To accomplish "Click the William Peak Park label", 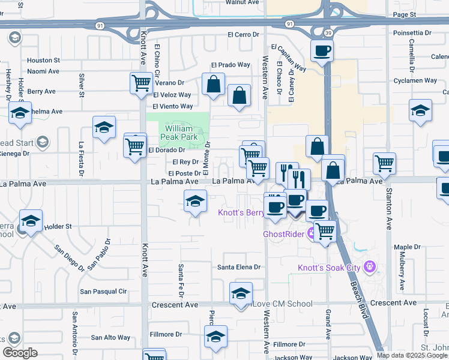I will [178, 133].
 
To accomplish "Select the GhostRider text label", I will [285, 233].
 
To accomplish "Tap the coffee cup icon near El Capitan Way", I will [322, 51].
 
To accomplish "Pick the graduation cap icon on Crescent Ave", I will [241, 294].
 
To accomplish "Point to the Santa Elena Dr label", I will [240, 267].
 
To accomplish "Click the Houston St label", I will [43, 60].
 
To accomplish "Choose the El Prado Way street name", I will [230, 65].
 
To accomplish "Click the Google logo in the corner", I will [20, 353].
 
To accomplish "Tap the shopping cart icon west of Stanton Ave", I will [384, 163].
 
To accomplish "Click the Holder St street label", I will [58, 226].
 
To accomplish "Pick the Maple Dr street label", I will [407, 247].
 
